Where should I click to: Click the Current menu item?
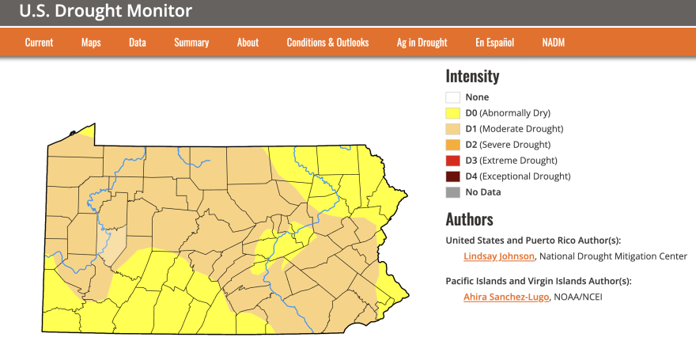click(39, 43)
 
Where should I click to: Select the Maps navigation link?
click(91, 43)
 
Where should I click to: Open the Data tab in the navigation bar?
click(138, 43)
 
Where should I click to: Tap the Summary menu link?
click(191, 43)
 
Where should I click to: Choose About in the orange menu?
click(248, 43)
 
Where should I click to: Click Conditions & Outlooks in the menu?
click(327, 43)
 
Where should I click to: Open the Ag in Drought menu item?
click(422, 43)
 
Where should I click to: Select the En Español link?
click(494, 43)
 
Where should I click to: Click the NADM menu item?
click(554, 43)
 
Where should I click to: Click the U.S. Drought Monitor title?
click(105, 11)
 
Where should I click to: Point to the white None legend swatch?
click(452, 97)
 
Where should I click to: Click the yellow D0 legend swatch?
click(452, 113)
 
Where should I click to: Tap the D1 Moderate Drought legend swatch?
click(452, 129)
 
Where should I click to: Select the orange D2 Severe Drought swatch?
click(452, 145)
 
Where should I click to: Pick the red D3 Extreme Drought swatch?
click(452, 161)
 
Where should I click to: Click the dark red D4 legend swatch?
click(452, 176)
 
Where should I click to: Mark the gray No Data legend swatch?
click(452, 192)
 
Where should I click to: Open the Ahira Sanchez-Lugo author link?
click(506, 297)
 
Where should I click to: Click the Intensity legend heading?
click(472, 77)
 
